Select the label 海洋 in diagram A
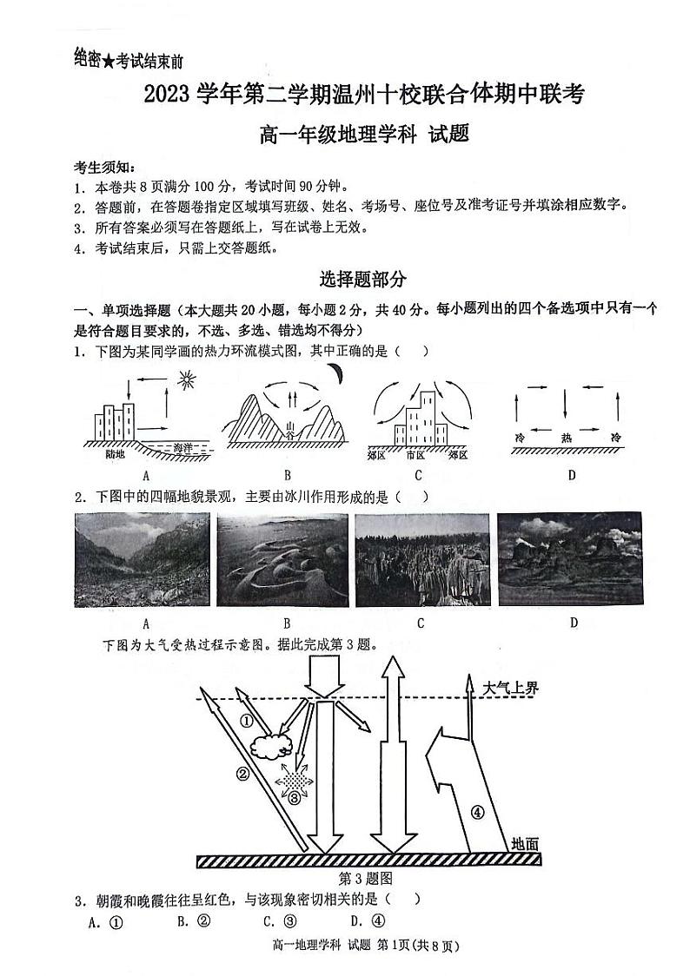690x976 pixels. (x=182, y=447)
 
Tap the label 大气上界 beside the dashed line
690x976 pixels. (x=512, y=688)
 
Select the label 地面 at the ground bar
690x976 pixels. (x=525, y=842)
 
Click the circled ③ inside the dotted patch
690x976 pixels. (x=295, y=796)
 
